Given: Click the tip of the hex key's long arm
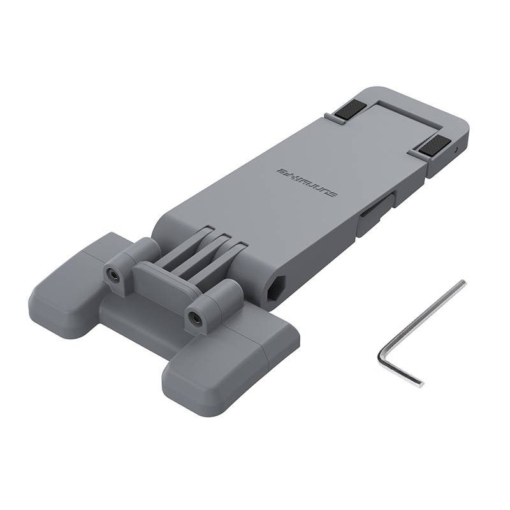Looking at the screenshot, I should [x=462, y=283].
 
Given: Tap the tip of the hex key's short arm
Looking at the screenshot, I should [x=418, y=383].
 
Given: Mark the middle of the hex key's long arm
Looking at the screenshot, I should [x=422, y=320].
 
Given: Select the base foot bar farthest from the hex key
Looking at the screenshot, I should [x=76, y=274].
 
